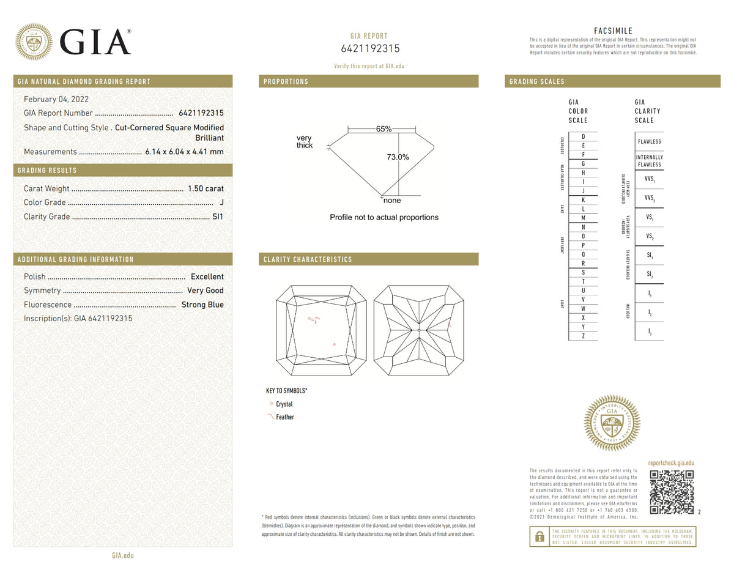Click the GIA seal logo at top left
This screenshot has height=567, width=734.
[x=34, y=42]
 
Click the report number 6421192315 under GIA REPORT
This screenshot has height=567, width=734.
[x=369, y=49]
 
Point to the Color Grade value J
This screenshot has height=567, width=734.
[x=221, y=202]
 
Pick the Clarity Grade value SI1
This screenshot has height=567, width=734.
[x=218, y=217]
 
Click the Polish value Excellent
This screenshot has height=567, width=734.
[x=207, y=276]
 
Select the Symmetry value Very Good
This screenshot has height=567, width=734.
[x=205, y=291]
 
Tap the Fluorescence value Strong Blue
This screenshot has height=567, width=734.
[x=202, y=305]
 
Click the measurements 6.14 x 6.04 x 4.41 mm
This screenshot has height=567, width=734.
[x=184, y=152]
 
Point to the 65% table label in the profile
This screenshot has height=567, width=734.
[x=384, y=129]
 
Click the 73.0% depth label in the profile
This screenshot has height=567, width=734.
[x=398, y=157]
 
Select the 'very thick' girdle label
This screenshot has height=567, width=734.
[x=305, y=142]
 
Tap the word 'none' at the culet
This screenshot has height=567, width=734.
[x=392, y=201]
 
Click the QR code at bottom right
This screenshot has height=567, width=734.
[x=671, y=492]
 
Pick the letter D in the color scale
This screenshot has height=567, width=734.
[x=584, y=136]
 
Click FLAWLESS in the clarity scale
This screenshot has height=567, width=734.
[x=649, y=142]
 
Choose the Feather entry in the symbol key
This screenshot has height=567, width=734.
[x=284, y=417]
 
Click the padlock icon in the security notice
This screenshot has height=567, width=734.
[x=539, y=536]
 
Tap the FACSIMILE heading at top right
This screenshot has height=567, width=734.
[x=613, y=31]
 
